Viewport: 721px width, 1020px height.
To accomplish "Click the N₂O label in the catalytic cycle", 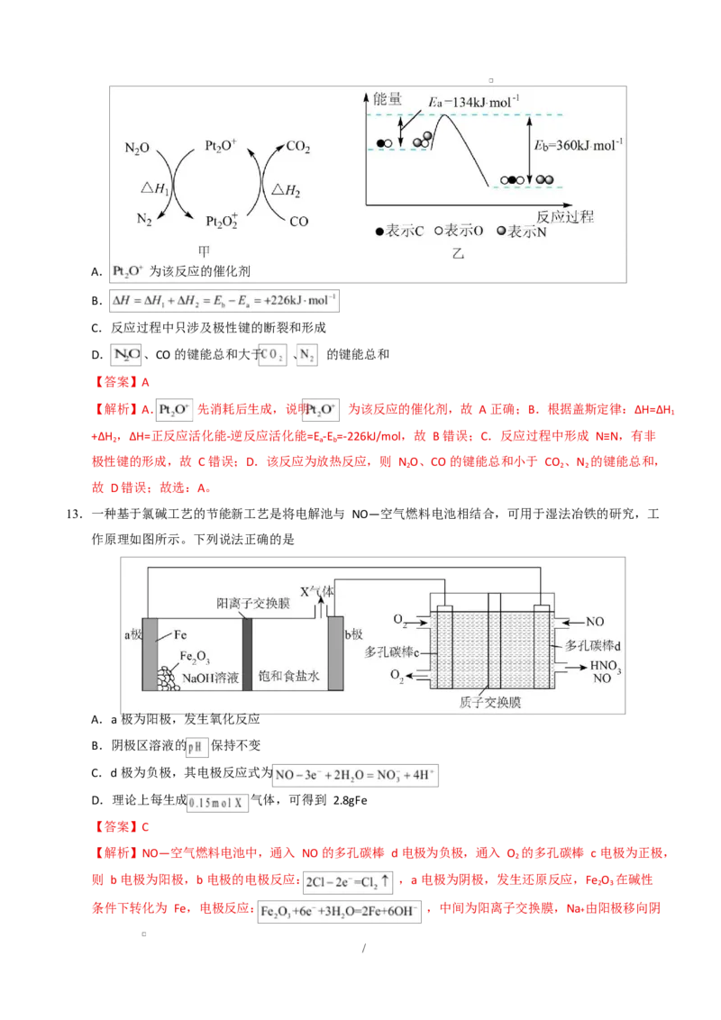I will point(138,149).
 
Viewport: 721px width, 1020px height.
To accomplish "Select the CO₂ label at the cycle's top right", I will point(298,148).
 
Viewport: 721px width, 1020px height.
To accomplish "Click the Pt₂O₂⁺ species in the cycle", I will point(222,220).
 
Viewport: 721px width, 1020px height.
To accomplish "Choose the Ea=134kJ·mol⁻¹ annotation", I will point(475,101).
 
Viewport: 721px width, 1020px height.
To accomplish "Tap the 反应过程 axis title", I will point(565,216).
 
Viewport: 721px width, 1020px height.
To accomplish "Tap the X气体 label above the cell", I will point(319,593).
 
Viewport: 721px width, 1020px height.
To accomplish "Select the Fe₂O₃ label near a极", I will point(196,657).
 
